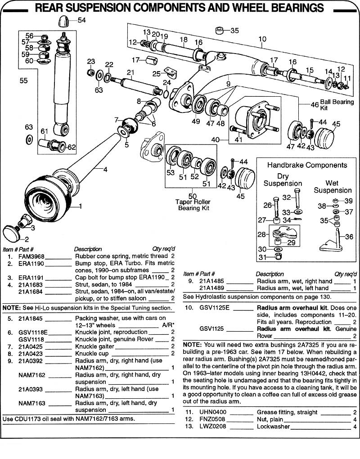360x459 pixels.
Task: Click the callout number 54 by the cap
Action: pos(81,20)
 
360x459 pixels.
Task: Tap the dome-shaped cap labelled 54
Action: pos(66,21)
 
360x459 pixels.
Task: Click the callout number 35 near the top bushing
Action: pos(235,31)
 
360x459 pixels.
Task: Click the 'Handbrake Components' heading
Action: pos(307,165)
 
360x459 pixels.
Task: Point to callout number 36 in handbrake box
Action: pos(349,236)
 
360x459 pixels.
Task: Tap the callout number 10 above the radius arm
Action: pos(263,39)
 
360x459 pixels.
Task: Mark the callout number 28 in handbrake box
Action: pos(261,234)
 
